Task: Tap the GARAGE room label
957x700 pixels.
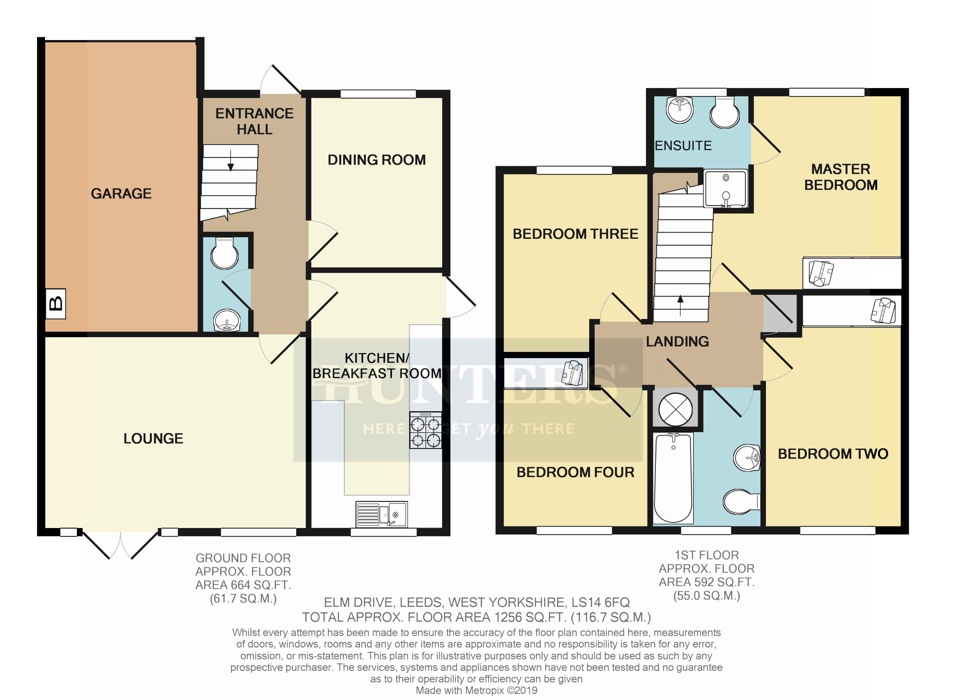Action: [x=121, y=194]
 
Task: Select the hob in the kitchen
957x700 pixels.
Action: [x=425, y=430]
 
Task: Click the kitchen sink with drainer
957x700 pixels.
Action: [x=381, y=514]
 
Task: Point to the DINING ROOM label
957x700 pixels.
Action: [x=377, y=160]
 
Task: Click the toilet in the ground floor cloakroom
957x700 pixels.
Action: [x=225, y=253]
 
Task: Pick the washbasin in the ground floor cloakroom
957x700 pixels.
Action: [x=227, y=320]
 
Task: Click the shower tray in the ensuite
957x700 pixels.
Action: [x=725, y=189]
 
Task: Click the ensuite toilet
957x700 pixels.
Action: [x=725, y=112]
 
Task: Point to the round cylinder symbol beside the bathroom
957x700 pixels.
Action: [x=675, y=409]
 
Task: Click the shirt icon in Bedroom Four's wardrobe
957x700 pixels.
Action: [x=572, y=373]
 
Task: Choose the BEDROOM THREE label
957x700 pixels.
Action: [x=575, y=234]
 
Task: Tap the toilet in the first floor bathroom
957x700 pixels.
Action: [x=742, y=502]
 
